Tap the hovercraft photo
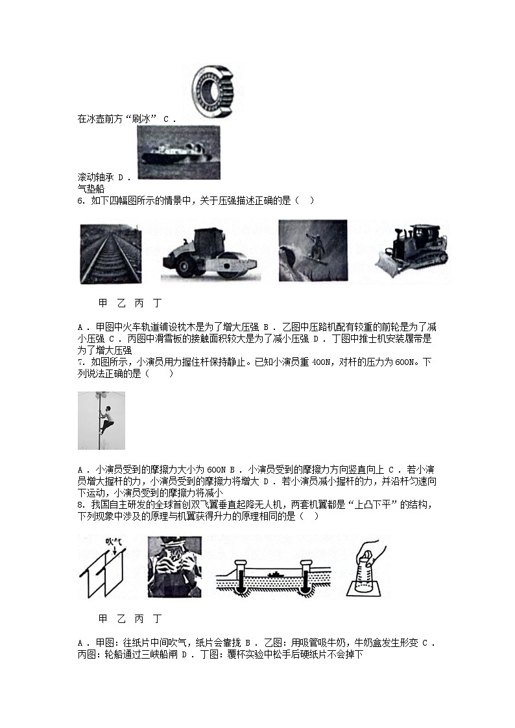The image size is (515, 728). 178,153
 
